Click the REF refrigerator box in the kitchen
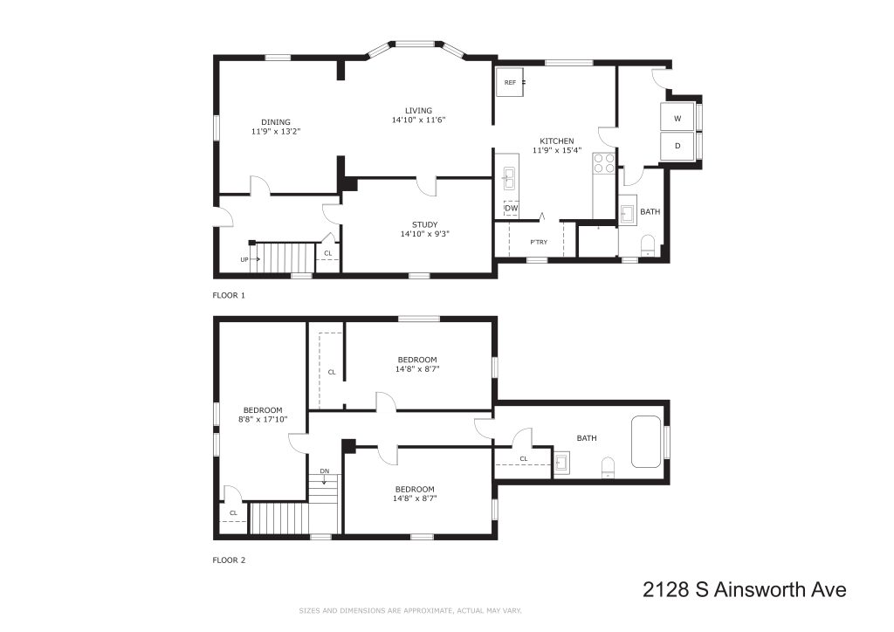point(510,83)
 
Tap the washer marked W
point(677,118)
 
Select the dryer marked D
point(677,146)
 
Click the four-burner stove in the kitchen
point(604,163)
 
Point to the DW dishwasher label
point(512,209)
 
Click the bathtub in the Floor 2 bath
point(646,442)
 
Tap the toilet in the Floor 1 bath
point(648,245)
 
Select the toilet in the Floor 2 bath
point(609,467)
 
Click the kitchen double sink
point(508,178)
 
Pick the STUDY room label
point(425,224)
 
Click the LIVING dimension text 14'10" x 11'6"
point(418,120)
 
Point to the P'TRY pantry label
point(539,242)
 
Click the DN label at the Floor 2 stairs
point(325,471)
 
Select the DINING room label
point(276,122)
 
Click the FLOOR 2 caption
point(229,560)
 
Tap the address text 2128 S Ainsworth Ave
point(745,589)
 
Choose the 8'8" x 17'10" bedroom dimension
point(263,419)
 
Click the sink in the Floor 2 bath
point(562,462)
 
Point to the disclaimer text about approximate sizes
point(410,611)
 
